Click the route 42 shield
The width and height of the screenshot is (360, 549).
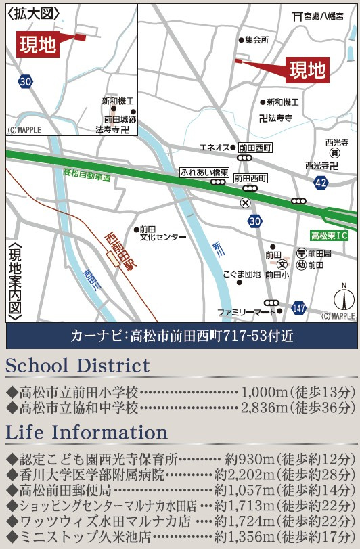pos(321,183)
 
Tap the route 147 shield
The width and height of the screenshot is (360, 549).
pos(299,308)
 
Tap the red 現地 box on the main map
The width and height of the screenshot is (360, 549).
pos(307,69)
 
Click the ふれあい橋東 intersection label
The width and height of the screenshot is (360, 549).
pos(204,173)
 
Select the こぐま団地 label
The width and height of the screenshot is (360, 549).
pos(242,274)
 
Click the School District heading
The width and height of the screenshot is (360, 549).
pos(78,366)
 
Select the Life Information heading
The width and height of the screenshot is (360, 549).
pos(87,432)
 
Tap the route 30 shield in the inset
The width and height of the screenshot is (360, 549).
pos(26,81)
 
